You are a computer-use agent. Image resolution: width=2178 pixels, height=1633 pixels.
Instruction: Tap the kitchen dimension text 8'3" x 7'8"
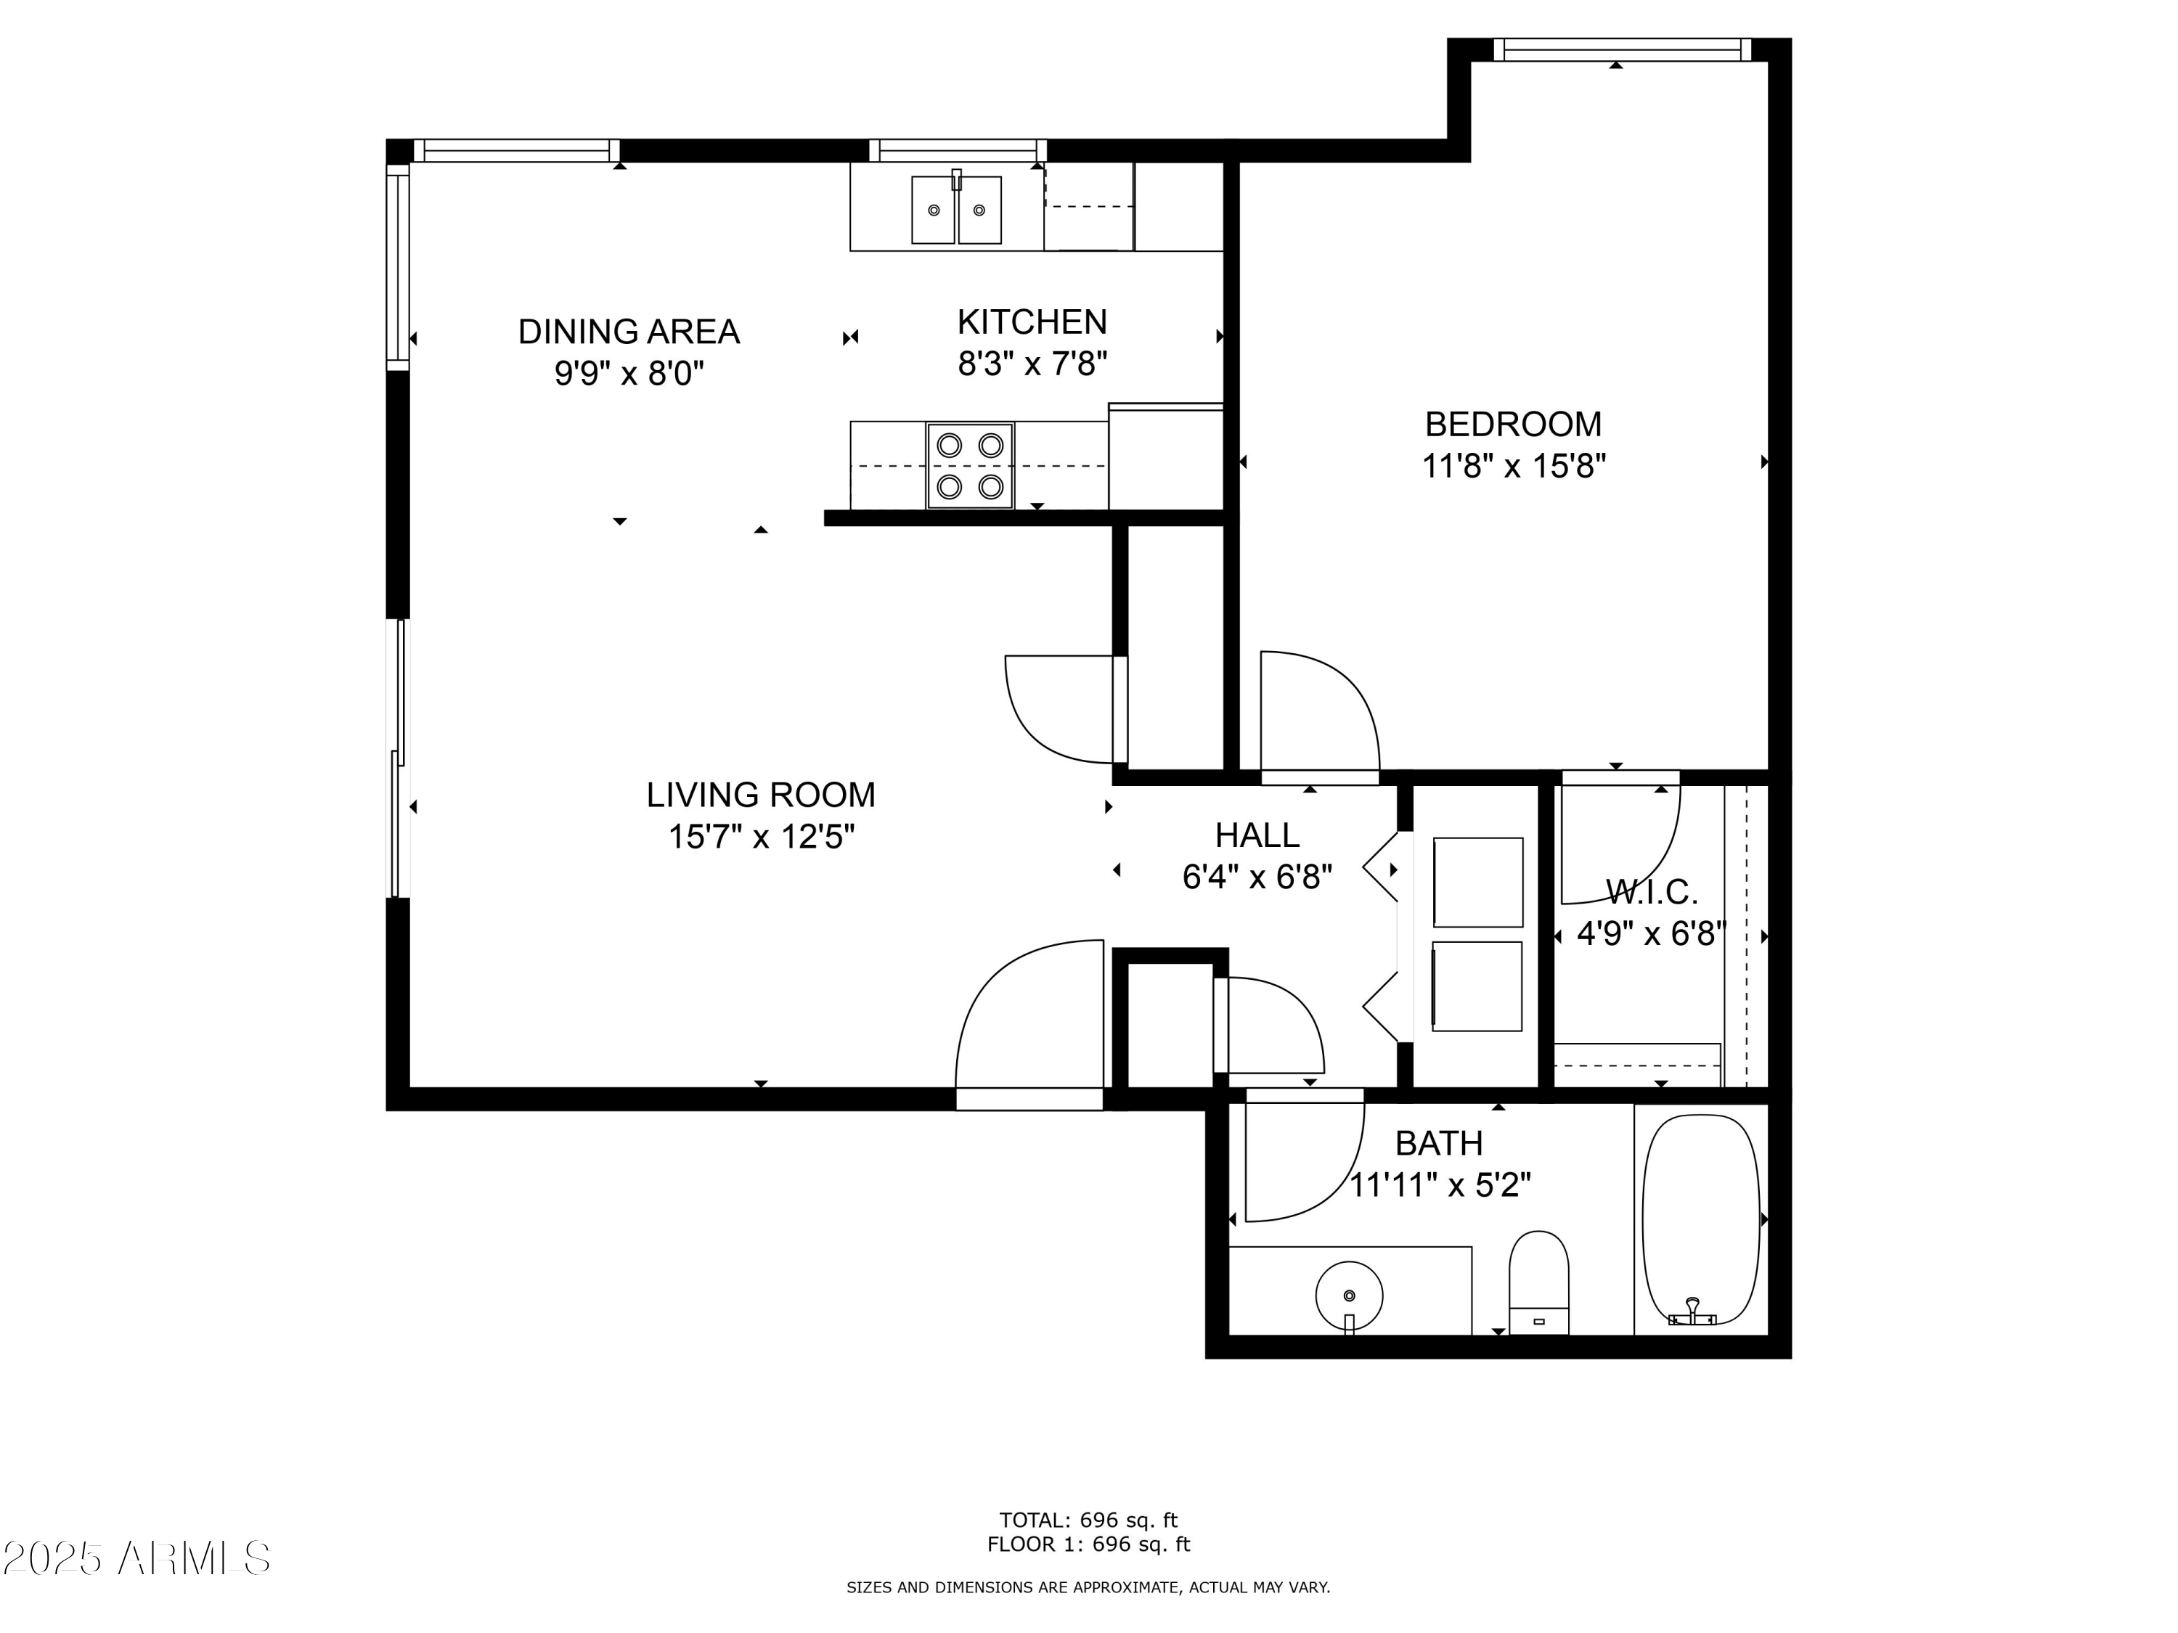click(1032, 364)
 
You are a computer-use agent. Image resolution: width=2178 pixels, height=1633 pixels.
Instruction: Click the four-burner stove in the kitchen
click(970, 466)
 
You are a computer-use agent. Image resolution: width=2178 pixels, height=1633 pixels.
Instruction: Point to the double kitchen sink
click(955, 210)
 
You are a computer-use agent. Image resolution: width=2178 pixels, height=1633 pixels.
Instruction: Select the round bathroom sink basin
click(1349, 1296)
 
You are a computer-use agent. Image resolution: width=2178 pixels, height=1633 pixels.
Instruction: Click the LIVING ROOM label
click(760, 794)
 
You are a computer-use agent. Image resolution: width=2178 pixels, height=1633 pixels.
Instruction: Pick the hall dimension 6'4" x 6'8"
click(1257, 876)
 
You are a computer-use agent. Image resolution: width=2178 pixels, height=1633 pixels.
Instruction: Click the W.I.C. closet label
click(1651, 893)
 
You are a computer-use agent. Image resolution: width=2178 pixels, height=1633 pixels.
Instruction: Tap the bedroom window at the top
click(1622, 49)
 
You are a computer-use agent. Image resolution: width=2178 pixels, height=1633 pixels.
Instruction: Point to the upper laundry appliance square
click(1478, 882)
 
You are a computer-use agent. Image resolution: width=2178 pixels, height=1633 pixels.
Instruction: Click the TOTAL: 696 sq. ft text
click(1088, 1520)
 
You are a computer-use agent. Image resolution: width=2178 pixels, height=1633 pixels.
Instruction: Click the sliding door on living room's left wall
click(399, 758)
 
